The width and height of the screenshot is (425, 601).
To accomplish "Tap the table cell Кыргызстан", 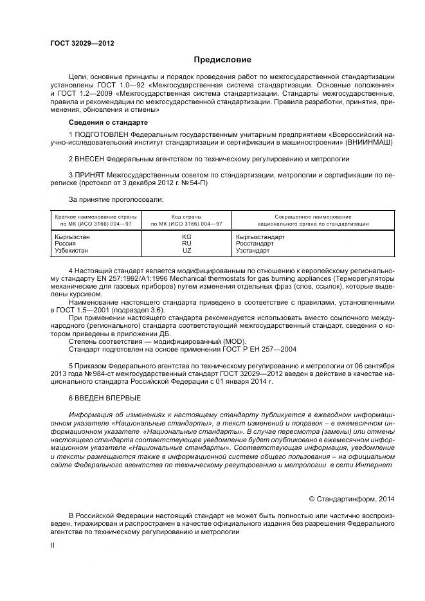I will [73, 237].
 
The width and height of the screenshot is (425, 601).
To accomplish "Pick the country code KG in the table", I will [186, 237].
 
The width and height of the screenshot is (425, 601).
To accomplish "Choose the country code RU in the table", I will [186, 244].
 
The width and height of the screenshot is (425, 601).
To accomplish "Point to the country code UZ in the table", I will [186, 251].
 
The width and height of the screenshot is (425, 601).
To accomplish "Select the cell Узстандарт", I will [254, 251].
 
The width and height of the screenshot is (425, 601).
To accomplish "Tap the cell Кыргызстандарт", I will [260, 237].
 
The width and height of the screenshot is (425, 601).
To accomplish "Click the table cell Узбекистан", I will [71, 251].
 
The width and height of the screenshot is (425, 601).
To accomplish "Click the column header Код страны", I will [186, 217].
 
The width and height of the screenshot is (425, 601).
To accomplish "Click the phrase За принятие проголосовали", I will [116, 199].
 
